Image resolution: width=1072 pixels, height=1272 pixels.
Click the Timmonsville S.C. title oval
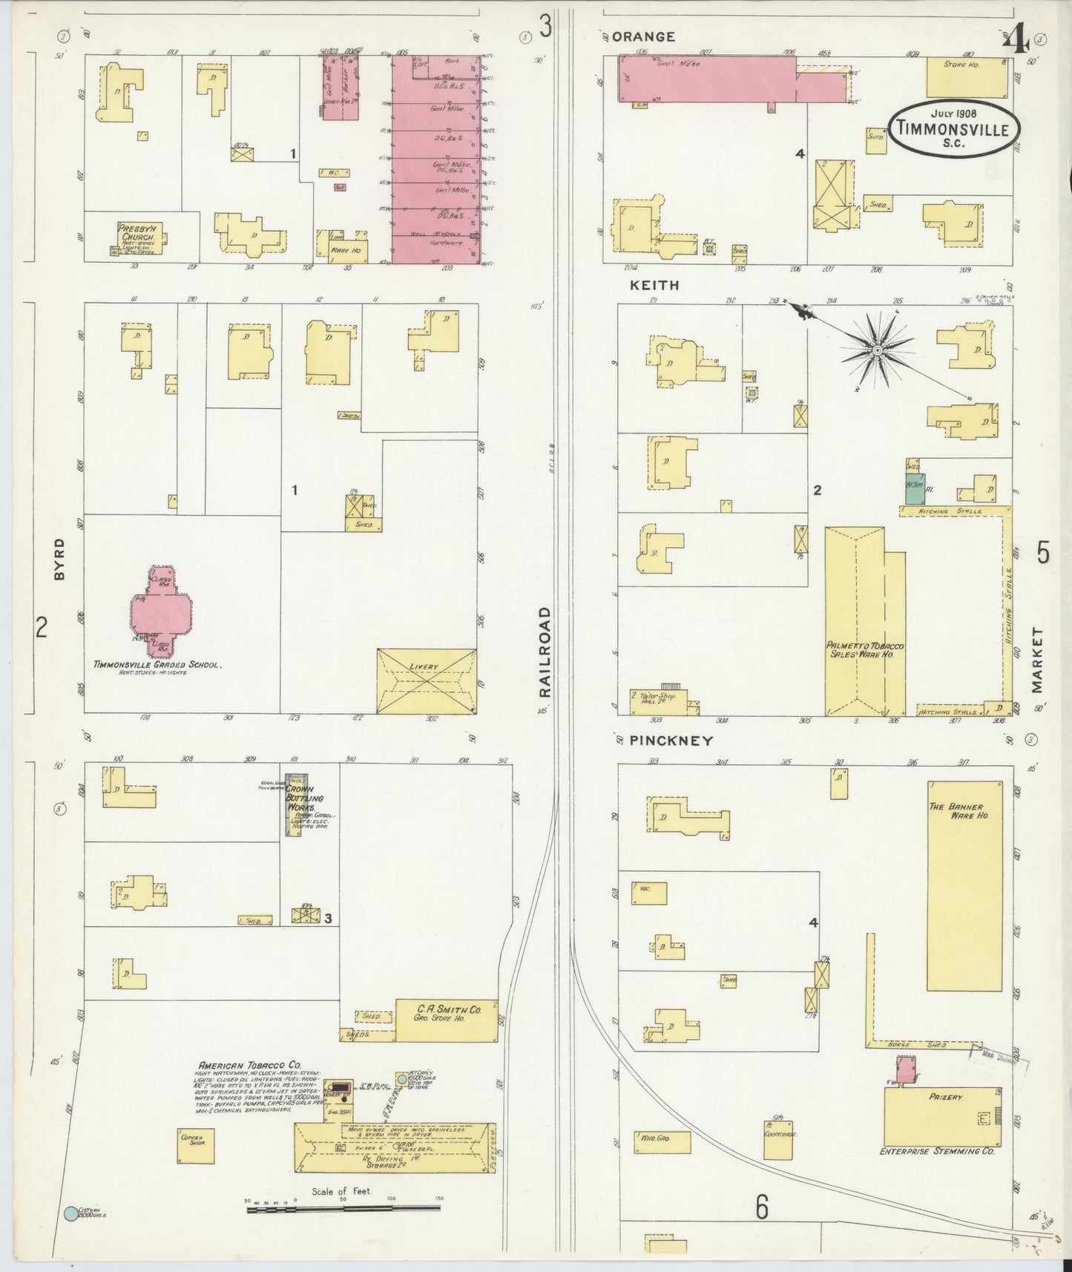pos(953,128)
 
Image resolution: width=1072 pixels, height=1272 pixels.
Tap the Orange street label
pos(643,36)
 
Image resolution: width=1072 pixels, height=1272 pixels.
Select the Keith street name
pos(654,285)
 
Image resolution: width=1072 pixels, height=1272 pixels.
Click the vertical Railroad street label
pos(545,651)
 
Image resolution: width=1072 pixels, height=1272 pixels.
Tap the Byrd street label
pos(59,559)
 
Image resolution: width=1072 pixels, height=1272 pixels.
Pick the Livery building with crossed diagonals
pos(427,681)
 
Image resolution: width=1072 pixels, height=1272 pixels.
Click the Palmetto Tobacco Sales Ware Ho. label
pos(864,650)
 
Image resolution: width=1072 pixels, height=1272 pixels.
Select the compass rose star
pos(877,350)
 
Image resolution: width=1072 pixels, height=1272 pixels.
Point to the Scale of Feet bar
pos(343,1208)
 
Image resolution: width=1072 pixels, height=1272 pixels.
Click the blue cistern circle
pos(70,1213)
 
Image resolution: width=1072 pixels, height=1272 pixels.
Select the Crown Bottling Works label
pos(300,798)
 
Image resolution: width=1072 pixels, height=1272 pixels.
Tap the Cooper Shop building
pos(195,1146)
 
